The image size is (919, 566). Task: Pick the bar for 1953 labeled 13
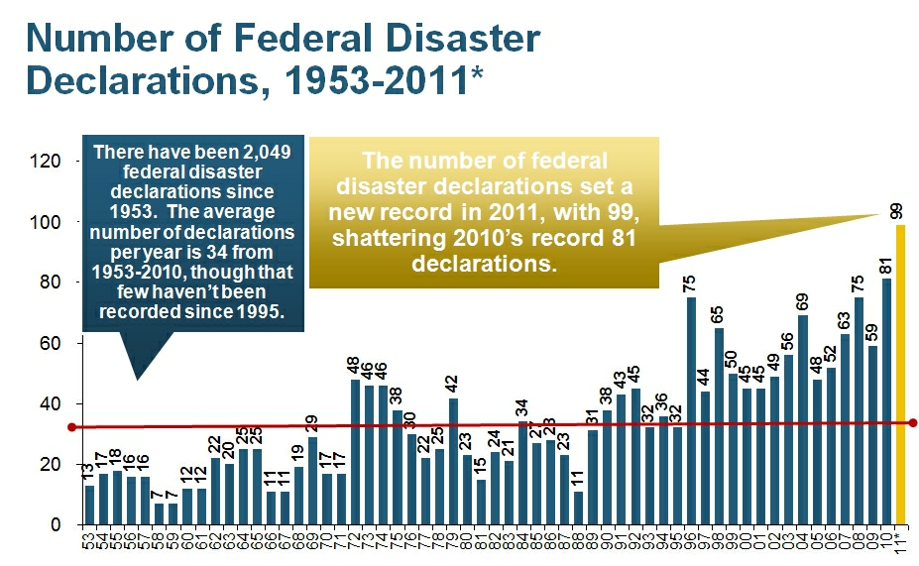89,505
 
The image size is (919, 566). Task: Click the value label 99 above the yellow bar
896,211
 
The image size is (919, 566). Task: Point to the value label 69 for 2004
803,300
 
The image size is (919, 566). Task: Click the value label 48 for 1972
355,365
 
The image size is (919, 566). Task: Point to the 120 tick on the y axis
50,161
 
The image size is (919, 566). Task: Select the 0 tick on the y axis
57,525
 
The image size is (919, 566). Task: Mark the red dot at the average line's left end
71,427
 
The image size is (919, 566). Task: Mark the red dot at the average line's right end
912,423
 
